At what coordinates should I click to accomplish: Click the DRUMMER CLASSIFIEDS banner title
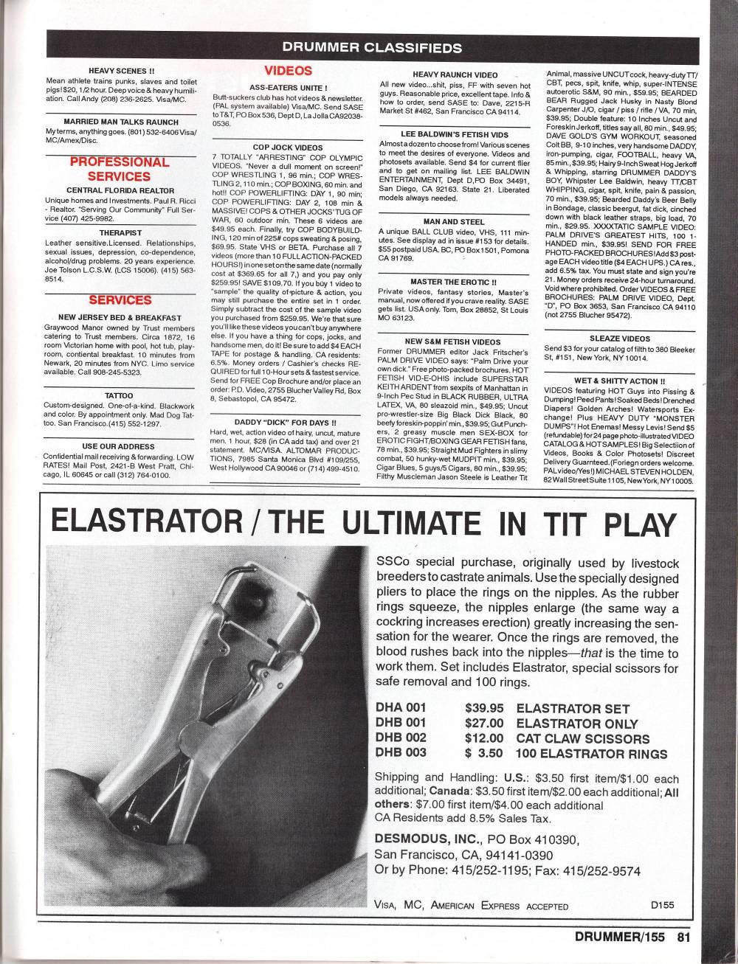(372, 49)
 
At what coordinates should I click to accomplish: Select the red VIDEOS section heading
(288, 72)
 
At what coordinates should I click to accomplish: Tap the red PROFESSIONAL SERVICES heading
(119, 169)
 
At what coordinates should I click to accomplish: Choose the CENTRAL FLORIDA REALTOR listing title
(120, 190)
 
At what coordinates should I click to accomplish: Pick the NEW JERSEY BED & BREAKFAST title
(120, 318)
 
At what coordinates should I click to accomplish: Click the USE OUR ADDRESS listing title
(120, 446)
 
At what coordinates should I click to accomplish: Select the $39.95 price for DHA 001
(484, 707)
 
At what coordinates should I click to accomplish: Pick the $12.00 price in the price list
(484, 738)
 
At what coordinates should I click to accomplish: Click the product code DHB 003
(401, 753)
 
